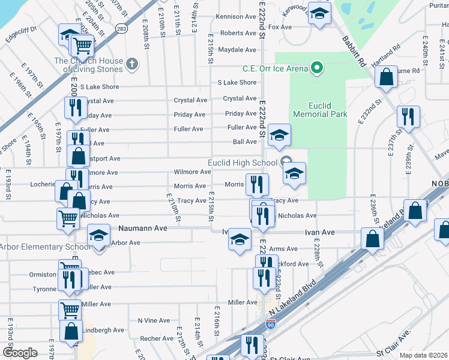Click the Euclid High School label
(x=243, y=163)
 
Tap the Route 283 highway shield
(x=122, y=28)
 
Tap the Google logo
(x=20, y=352)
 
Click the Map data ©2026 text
(x=424, y=355)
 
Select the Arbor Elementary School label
(x=46, y=247)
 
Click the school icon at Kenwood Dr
(x=319, y=13)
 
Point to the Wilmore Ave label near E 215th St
(x=192, y=172)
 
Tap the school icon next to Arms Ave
(x=240, y=241)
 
